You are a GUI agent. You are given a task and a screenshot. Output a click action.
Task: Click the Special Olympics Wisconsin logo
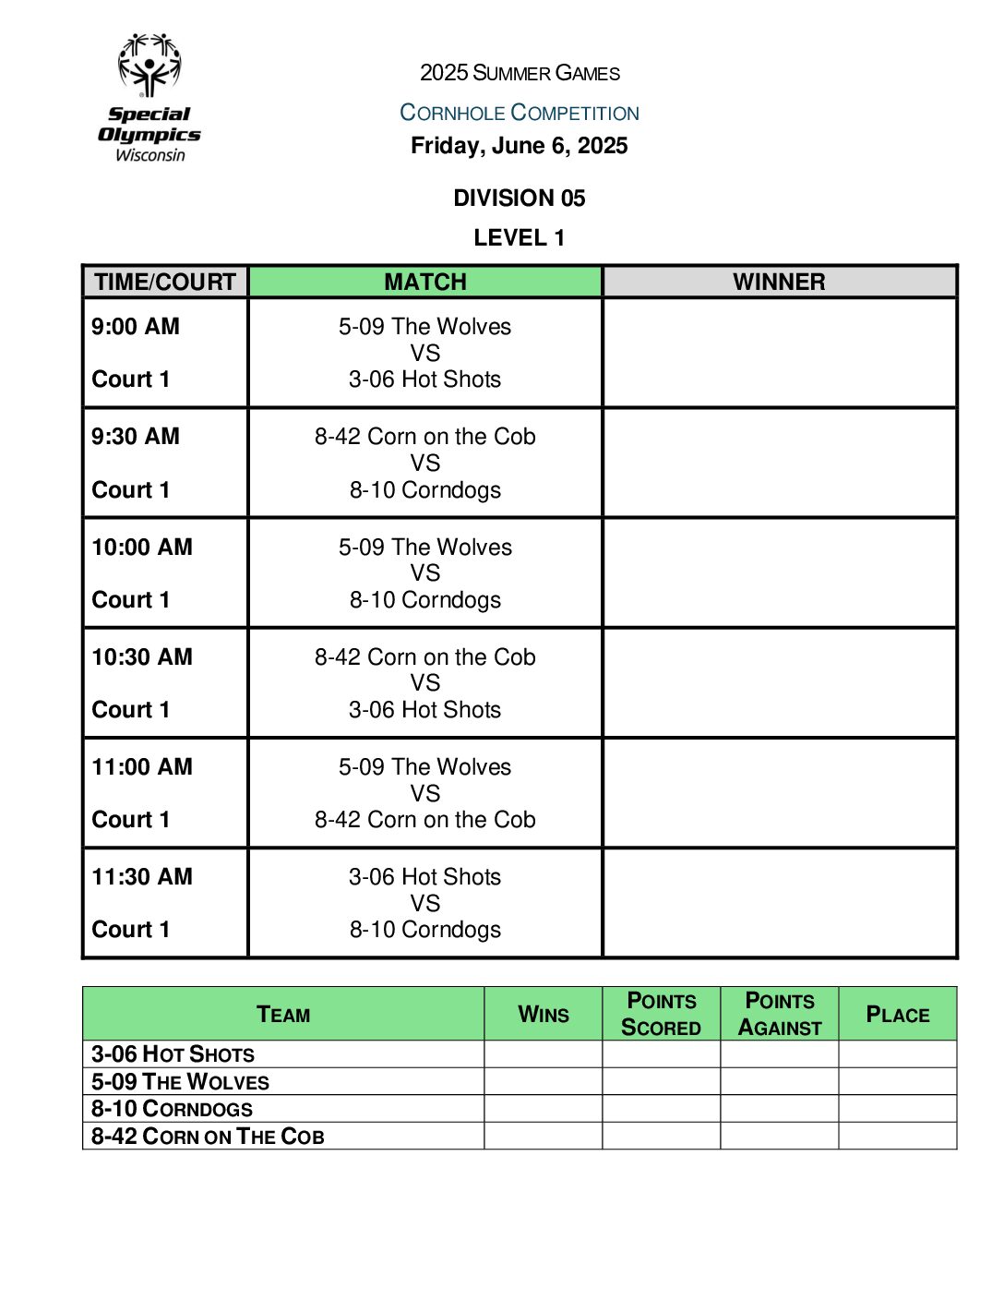point(149,98)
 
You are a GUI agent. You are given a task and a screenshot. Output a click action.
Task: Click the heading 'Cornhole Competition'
point(519,113)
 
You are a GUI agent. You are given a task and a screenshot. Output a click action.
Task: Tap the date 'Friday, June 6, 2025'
point(519,146)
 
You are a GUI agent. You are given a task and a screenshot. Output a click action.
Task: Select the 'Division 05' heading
point(519,199)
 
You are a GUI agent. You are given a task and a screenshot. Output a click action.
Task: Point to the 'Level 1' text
point(519,238)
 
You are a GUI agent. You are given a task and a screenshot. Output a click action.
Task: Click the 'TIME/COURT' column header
point(165,282)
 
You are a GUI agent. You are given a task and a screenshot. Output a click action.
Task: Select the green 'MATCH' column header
point(425,282)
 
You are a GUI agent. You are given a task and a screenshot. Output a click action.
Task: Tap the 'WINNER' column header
point(779,282)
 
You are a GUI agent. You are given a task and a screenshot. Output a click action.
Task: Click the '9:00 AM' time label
point(136,327)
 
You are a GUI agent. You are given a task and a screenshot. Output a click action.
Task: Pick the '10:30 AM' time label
point(142,657)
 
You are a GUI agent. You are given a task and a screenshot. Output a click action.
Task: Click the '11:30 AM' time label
point(142,877)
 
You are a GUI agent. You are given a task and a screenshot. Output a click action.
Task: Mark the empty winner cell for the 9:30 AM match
point(779,463)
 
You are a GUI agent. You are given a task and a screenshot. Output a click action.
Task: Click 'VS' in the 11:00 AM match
point(425,793)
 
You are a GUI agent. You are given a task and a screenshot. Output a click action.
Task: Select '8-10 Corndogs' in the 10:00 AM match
point(425,600)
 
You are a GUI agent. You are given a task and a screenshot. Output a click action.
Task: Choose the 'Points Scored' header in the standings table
point(661,1014)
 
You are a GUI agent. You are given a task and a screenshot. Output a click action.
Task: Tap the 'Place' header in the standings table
point(897,1015)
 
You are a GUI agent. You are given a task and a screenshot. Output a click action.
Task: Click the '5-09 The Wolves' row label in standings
point(180,1082)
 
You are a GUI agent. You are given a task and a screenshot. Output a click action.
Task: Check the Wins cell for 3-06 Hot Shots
point(543,1054)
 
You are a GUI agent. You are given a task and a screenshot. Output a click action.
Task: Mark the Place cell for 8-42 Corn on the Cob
point(897,1136)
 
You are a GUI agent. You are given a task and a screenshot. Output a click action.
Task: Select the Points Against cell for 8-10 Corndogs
point(779,1109)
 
